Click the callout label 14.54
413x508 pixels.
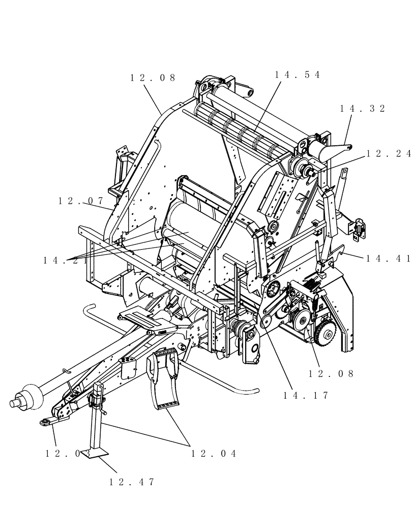[x=298, y=75]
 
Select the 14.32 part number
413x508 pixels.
[x=363, y=108]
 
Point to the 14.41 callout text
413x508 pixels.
[x=388, y=259]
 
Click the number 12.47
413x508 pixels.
[x=131, y=482]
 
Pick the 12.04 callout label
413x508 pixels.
[x=214, y=454]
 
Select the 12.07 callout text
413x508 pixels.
[x=81, y=201]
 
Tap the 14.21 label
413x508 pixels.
[x=66, y=260]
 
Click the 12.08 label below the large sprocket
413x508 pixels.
[x=331, y=374]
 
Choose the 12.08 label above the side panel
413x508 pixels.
[x=153, y=78]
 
